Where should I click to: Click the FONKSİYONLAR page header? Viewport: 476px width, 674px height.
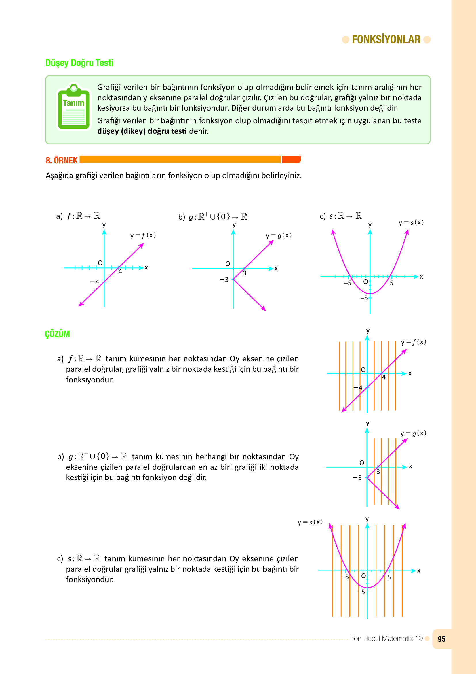386,39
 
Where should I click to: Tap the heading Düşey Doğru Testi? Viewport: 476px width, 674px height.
79,63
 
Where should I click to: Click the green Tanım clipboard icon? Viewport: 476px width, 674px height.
74,107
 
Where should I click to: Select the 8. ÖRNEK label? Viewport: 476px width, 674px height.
62,160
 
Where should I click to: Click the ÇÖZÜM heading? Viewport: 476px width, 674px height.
57,334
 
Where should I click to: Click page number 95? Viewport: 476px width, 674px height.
441,639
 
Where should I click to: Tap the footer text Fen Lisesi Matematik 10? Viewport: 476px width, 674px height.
386,639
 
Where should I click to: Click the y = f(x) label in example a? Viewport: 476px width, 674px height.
143,235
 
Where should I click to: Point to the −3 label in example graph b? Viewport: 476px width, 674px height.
224,280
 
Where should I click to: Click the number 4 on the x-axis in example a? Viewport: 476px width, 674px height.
120,271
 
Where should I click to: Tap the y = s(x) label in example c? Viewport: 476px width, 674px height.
411,222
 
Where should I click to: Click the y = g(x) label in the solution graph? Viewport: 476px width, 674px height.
413,433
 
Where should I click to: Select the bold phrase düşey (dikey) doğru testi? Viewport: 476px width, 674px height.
142,131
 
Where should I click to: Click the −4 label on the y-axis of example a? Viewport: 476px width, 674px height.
95,282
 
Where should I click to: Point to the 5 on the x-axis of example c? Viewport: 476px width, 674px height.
392,283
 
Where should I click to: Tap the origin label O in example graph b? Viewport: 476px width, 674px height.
227,264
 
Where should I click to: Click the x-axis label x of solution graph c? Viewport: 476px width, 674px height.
419,571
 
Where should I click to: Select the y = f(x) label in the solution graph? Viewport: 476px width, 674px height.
414,342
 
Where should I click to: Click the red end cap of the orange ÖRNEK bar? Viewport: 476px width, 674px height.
291,159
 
